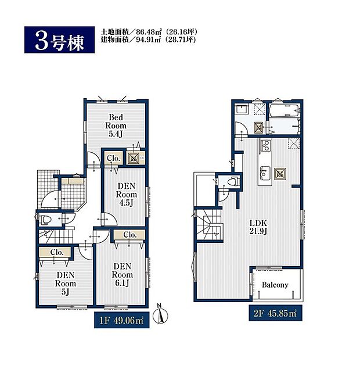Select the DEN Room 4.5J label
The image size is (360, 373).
coord(125,195)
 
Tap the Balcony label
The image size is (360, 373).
coord(275,285)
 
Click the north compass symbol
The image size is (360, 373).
coord(163,314)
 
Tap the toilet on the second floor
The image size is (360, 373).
coord(233,181)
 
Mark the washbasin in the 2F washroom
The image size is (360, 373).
coord(242,110)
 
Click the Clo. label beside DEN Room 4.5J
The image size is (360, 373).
coord(113,157)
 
